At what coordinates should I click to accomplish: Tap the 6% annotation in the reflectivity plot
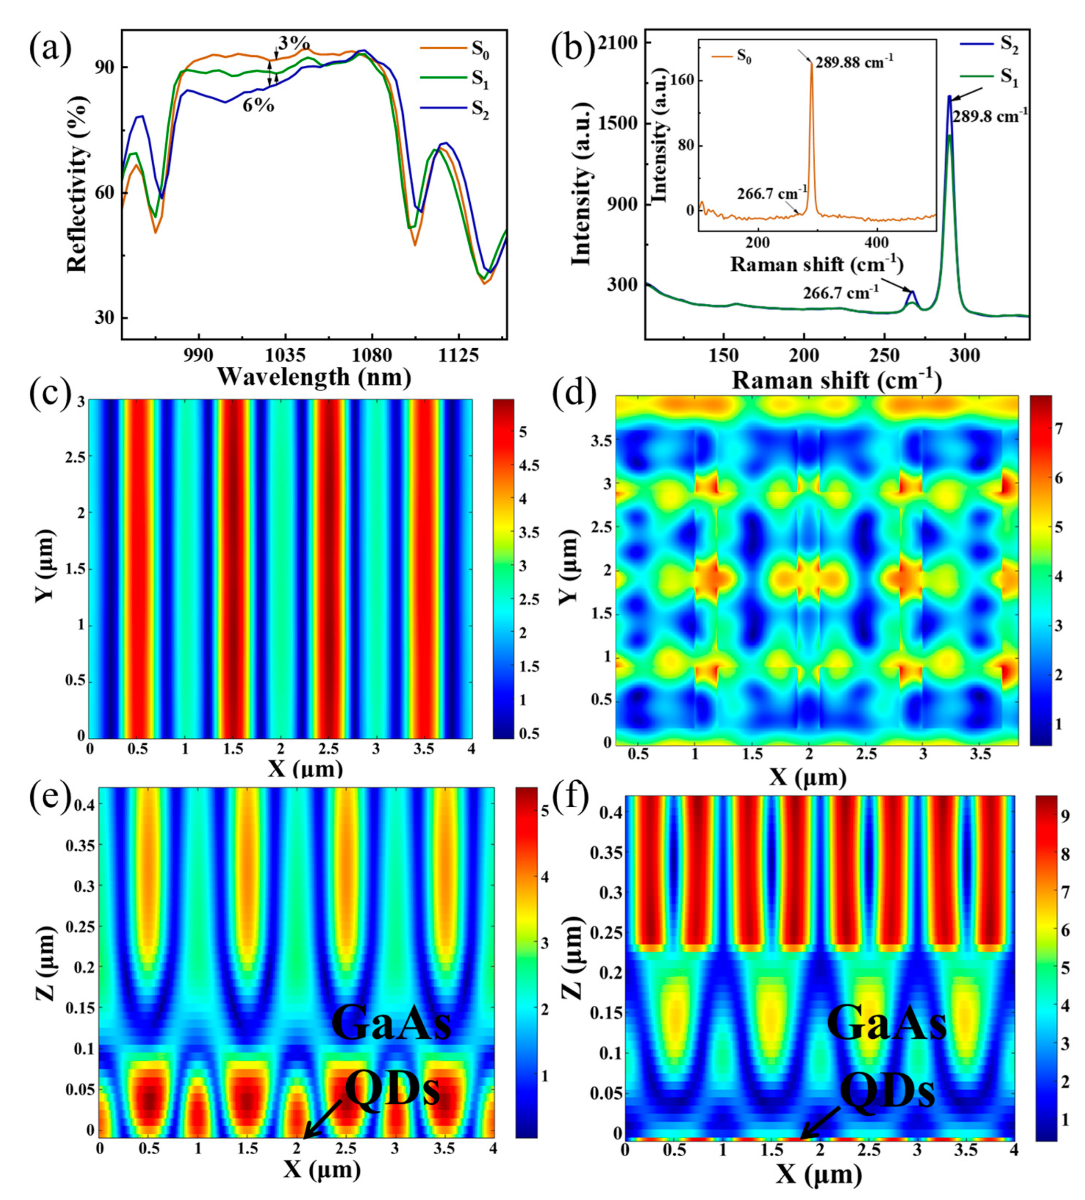click(x=258, y=106)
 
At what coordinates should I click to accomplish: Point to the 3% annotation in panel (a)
click(x=294, y=43)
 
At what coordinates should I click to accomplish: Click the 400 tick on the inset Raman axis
click(x=875, y=243)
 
